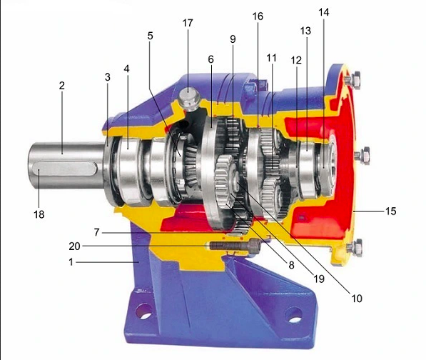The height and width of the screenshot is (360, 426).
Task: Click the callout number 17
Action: [x=188, y=23]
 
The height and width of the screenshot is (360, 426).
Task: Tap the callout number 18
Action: [x=39, y=214]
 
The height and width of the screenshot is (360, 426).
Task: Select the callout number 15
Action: [x=391, y=211]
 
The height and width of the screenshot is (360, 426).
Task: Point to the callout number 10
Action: [x=357, y=299]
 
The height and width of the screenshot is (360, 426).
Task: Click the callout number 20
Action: [x=74, y=246]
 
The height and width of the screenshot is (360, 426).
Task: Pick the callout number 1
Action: [x=71, y=262]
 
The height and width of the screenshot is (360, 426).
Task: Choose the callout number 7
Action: [x=97, y=232]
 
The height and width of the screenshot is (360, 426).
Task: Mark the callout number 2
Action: [x=62, y=86]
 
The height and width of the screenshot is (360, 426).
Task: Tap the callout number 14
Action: [x=323, y=12]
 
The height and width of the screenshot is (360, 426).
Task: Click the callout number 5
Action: [x=151, y=36]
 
